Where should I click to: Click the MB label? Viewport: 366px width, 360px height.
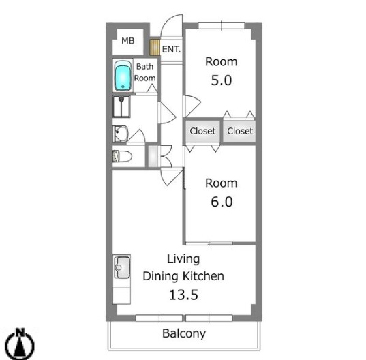(128, 41)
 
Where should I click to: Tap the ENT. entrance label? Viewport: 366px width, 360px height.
(171, 49)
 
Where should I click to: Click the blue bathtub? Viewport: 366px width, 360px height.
(123, 76)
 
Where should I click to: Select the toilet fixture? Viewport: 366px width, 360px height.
(122, 156)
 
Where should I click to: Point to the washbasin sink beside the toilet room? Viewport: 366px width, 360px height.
(120, 134)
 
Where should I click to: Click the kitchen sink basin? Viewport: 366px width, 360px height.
(121, 267)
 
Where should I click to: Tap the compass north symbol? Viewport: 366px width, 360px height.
(20, 344)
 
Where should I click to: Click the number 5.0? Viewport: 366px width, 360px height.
(222, 80)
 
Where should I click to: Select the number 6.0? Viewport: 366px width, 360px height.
(222, 202)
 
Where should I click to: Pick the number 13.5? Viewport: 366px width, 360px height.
(184, 295)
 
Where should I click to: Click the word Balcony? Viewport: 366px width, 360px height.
(184, 333)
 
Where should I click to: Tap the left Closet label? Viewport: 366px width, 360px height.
(202, 131)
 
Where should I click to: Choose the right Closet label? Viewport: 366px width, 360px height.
(240, 131)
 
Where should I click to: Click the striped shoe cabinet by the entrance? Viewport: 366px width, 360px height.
(155, 47)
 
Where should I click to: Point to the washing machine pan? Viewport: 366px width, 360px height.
(121, 106)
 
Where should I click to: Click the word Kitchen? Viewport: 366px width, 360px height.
(203, 276)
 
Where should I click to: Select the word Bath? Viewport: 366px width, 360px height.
(144, 67)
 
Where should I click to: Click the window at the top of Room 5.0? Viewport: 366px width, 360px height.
(222, 25)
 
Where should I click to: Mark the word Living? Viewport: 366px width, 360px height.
(183, 259)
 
